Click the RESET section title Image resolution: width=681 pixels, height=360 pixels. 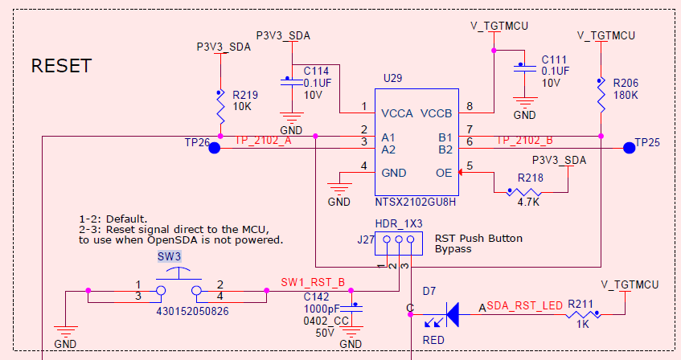click(61, 66)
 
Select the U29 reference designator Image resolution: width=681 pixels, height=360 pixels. click(392, 78)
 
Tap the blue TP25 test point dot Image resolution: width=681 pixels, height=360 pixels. click(628, 147)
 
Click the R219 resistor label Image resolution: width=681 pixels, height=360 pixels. click(245, 93)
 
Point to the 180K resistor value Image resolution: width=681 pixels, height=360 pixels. click(625, 95)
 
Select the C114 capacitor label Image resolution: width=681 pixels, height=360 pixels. click(316, 70)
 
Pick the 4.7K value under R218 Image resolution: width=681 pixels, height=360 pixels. click(528, 202)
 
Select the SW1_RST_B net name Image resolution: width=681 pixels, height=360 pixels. click(313, 282)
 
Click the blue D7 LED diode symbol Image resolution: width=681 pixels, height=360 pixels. click(452, 314)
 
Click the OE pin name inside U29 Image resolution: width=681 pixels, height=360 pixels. click(443, 172)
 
